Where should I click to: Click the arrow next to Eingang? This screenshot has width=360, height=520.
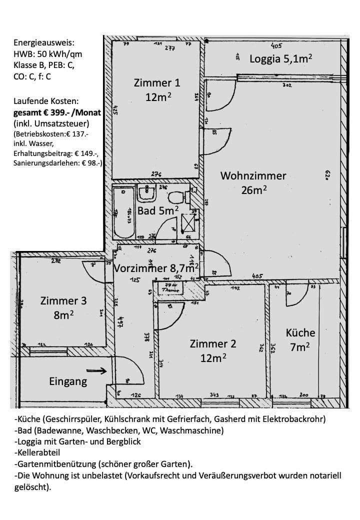pyautogui.click(x=96, y=371)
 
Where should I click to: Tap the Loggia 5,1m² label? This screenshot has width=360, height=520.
pyautogui.click(x=281, y=58)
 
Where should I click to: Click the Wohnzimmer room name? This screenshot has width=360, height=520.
pyautogui.click(x=253, y=176)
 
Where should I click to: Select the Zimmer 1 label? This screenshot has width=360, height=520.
pyautogui.click(x=157, y=83)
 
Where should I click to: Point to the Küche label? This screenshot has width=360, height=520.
pyautogui.click(x=300, y=332)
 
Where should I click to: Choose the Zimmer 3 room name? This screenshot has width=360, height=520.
pyautogui.click(x=63, y=301)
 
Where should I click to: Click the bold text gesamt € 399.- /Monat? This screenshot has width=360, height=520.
pyautogui.click(x=57, y=113)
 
